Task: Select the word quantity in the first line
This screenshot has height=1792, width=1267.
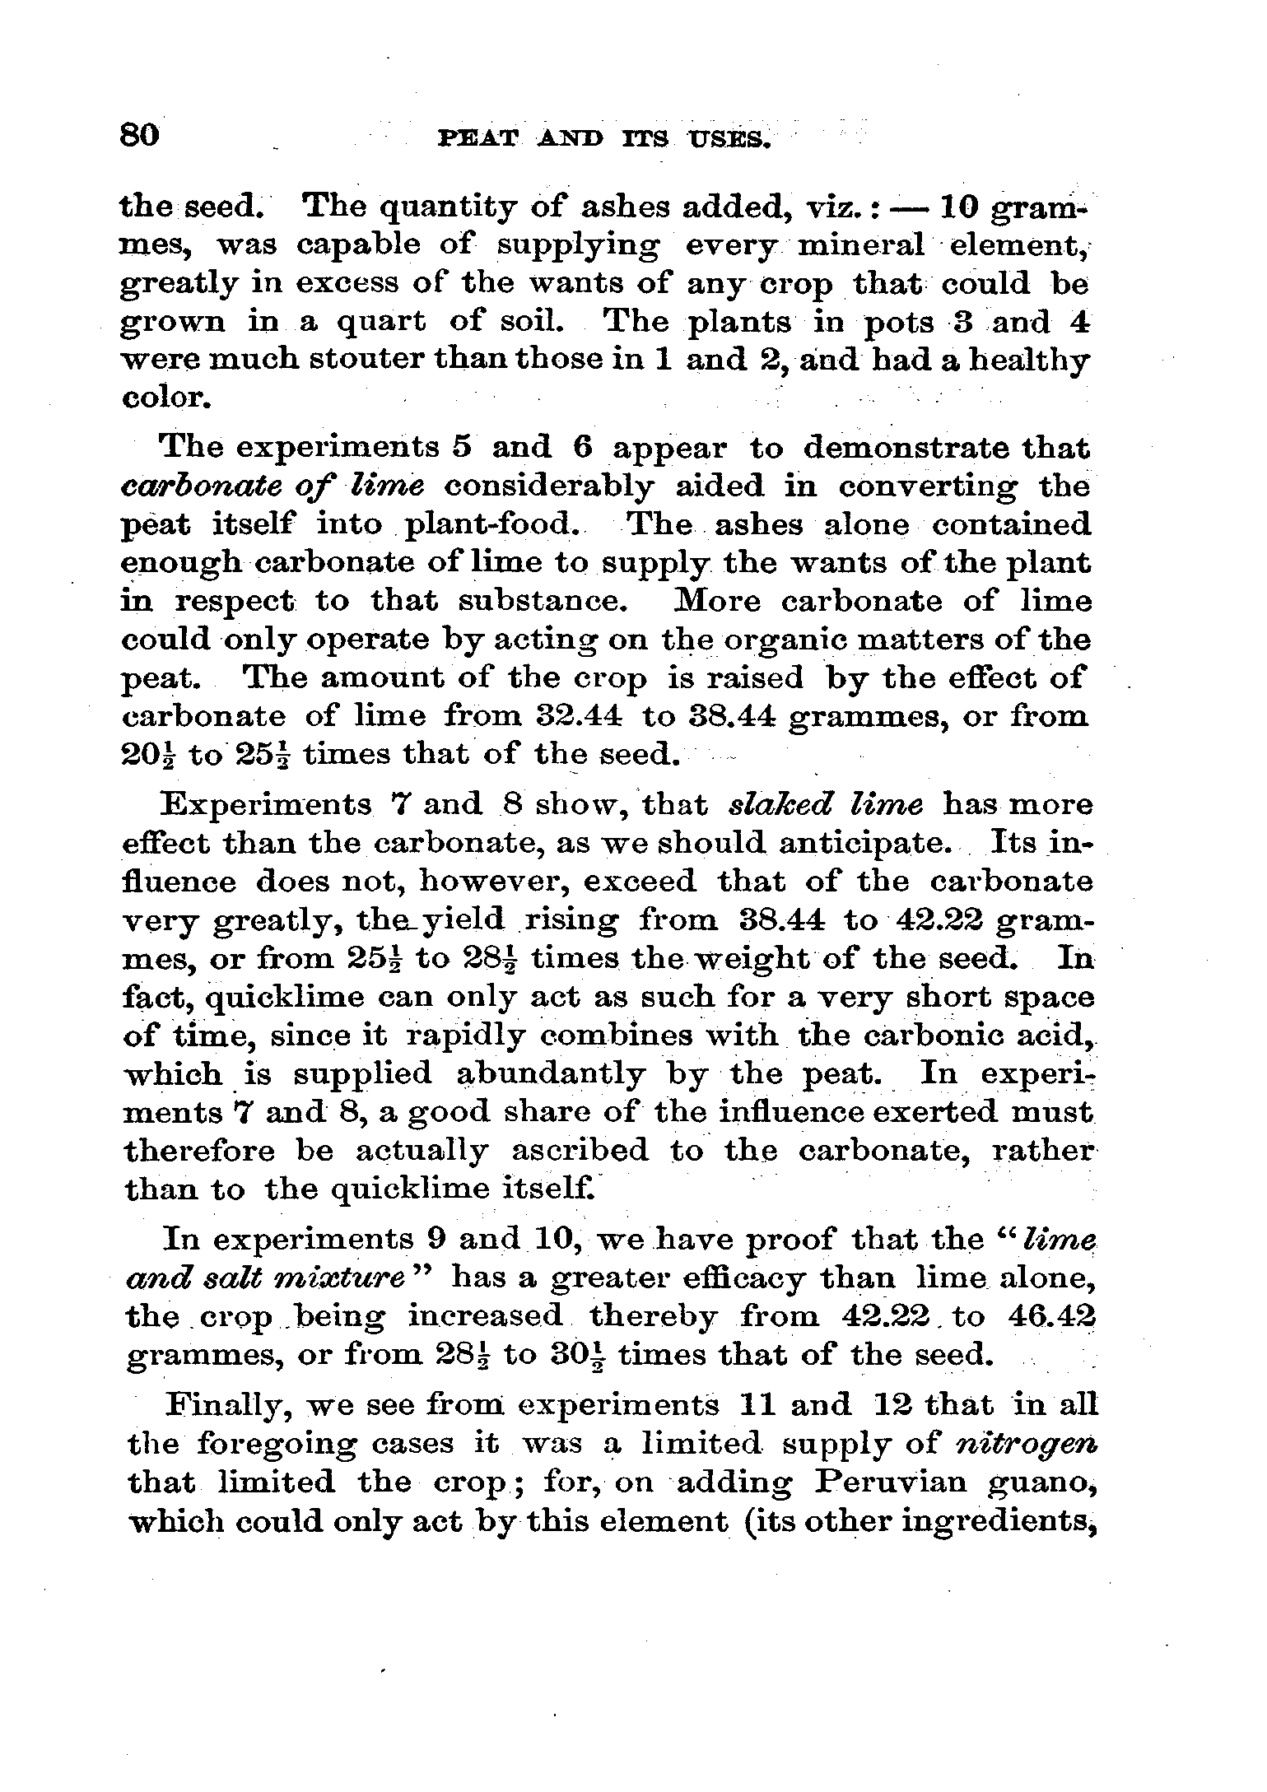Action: coord(429,207)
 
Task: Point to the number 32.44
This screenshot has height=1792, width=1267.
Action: coord(571,717)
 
